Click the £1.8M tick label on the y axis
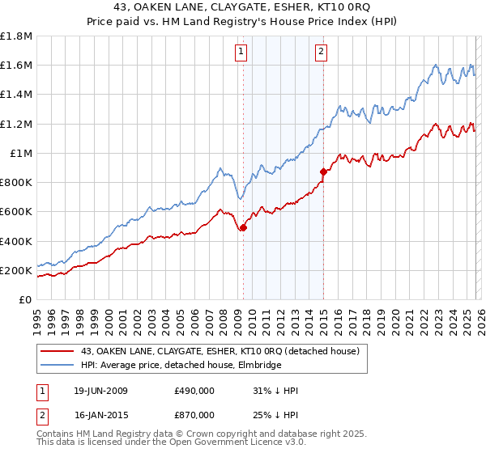point(16,36)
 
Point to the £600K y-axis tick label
point(16,212)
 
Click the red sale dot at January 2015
point(323,171)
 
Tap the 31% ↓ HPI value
point(275,391)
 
